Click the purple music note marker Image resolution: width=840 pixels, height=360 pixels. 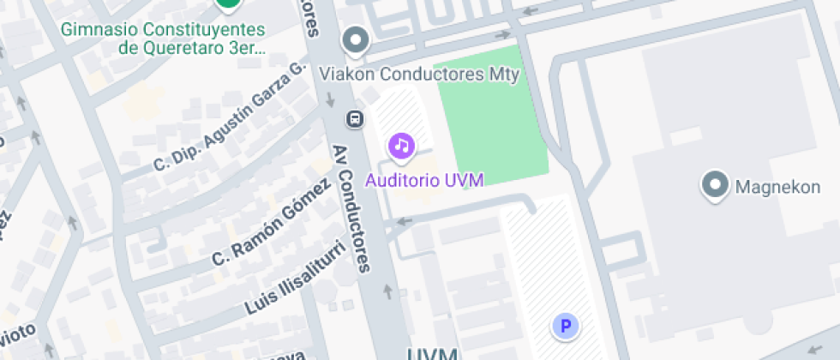click(402, 146)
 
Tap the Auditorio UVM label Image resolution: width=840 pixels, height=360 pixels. click(424, 180)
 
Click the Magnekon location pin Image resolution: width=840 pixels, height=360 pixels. click(713, 184)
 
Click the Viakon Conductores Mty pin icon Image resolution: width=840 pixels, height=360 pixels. click(355, 40)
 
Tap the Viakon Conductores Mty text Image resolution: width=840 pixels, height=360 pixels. click(419, 75)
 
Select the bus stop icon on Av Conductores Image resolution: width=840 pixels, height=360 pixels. click(353, 117)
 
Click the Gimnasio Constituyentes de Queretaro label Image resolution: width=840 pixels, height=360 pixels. click(163, 39)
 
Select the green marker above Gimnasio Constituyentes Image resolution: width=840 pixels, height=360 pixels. click(227, 3)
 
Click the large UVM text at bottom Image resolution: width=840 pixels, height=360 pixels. click(432, 352)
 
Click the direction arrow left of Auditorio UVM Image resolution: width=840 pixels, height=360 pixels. click(403, 222)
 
